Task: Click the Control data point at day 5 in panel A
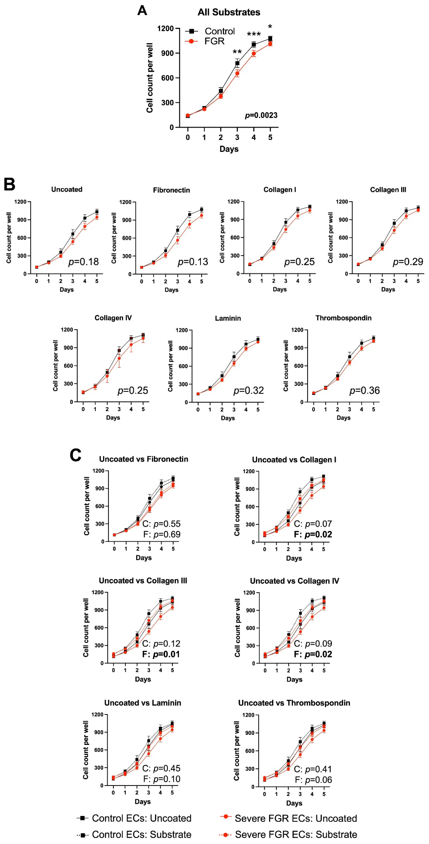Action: tap(270, 39)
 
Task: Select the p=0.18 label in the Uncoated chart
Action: tap(83, 262)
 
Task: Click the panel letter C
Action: tap(76, 455)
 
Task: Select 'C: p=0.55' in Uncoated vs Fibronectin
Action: tap(161, 524)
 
